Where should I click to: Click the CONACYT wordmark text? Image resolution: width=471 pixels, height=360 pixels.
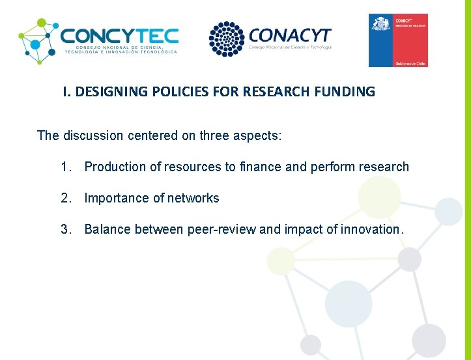click(x=290, y=35)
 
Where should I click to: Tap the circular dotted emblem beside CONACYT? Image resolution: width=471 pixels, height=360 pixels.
click(x=226, y=39)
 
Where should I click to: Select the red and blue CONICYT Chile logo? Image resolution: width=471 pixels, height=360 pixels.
click(x=398, y=40)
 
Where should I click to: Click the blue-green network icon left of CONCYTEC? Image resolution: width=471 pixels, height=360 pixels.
click(x=38, y=40)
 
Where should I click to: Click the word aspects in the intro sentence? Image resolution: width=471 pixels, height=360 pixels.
click(x=255, y=135)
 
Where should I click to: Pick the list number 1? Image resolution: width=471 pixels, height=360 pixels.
click(x=65, y=167)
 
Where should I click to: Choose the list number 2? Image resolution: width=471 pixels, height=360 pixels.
click(x=65, y=198)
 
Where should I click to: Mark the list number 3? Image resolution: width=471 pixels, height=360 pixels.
click(x=65, y=229)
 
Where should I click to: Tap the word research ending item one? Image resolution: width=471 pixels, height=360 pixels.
click(x=384, y=167)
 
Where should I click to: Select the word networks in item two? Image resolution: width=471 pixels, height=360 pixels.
click(x=195, y=198)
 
